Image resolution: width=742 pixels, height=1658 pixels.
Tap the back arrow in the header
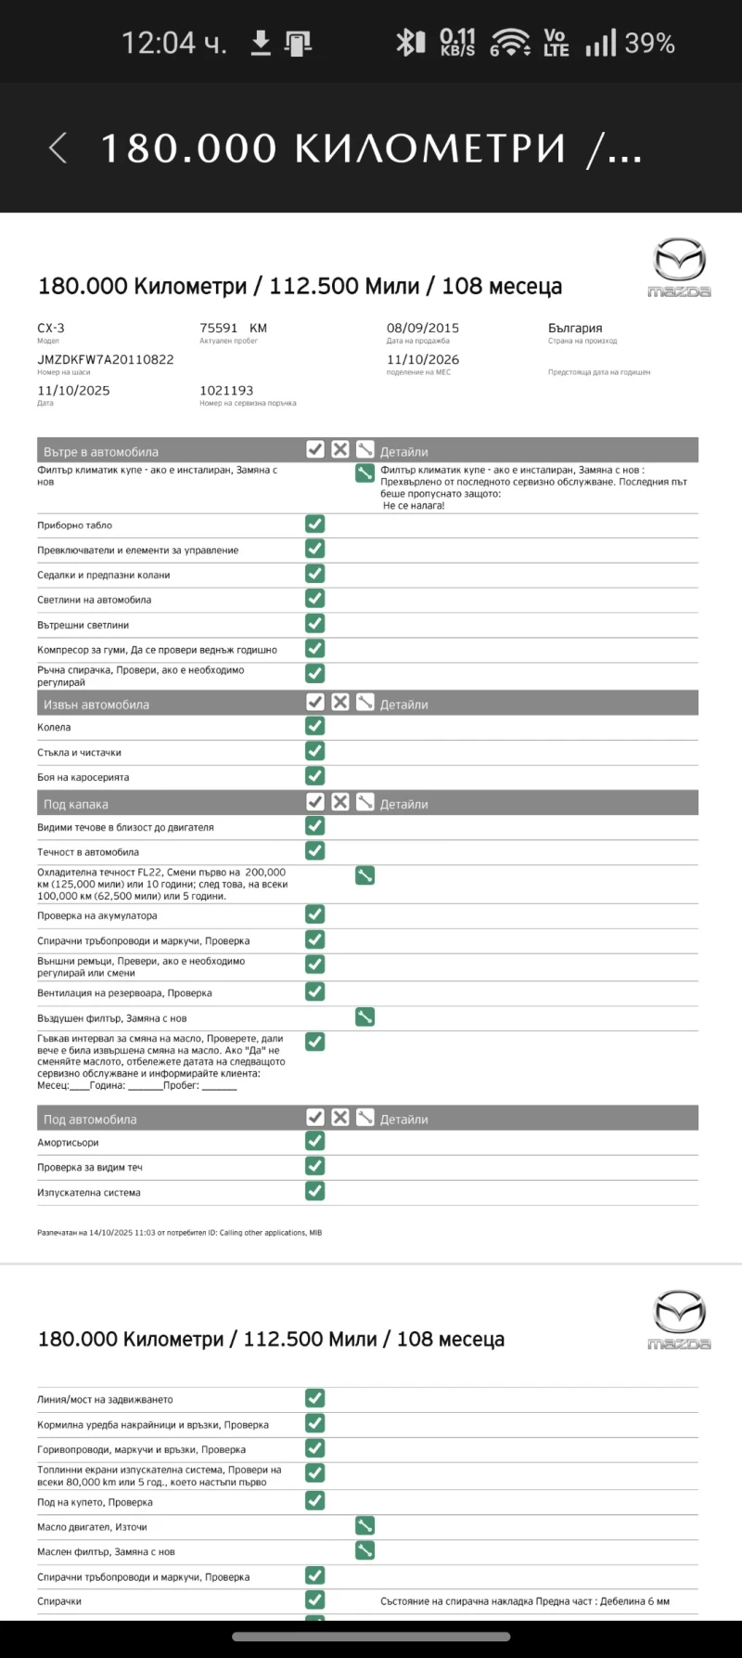[x=58, y=148]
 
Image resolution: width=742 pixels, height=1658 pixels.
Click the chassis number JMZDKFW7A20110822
[x=106, y=359]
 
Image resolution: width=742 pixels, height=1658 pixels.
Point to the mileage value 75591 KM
[x=233, y=328]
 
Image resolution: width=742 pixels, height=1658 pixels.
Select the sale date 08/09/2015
[x=423, y=328]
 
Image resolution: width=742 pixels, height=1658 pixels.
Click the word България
[x=575, y=328]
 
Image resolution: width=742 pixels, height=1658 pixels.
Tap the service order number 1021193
[x=226, y=391]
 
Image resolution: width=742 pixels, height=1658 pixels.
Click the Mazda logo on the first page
[x=679, y=267]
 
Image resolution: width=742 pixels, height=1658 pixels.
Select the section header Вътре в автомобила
[x=101, y=452]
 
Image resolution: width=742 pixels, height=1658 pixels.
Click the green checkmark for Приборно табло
[x=315, y=525]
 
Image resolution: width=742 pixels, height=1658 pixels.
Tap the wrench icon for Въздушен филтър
[x=365, y=1017]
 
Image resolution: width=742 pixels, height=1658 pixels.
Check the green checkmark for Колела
[x=315, y=726]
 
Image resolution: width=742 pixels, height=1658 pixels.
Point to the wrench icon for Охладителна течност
[x=365, y=875]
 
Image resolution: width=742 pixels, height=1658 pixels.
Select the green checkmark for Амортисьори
[x=315, y=1141]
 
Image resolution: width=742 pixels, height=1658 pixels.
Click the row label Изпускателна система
[x=89, y=1192]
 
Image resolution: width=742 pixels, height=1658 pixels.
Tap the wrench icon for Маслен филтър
[x=365, y=1550]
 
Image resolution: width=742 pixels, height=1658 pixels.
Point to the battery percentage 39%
[x=649, y=43]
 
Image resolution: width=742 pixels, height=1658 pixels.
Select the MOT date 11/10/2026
[x=423, y=359]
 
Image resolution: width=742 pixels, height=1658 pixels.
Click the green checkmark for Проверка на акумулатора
[x=315, y=914]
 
